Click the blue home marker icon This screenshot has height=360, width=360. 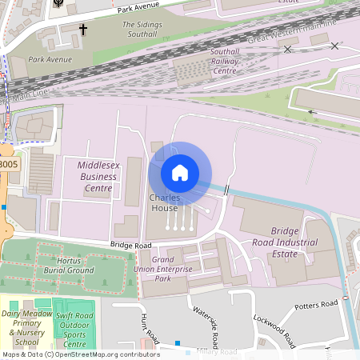pyautogui.click(x=180, y=172)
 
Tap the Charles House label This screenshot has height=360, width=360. pyautogui.click(x=164, y=203)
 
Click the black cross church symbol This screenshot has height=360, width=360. pyautogui.click(x=82, y=30)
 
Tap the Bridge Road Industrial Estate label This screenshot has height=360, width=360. pyautogui.click(x=295, y=242)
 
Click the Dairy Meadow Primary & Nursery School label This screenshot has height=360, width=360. pyautogui.click(x=26, y=327)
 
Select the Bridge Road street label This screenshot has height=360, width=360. pyautogui.click(x=131, y=245)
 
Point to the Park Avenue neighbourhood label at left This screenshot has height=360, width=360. pyautogui.click(x=49, y=59)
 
